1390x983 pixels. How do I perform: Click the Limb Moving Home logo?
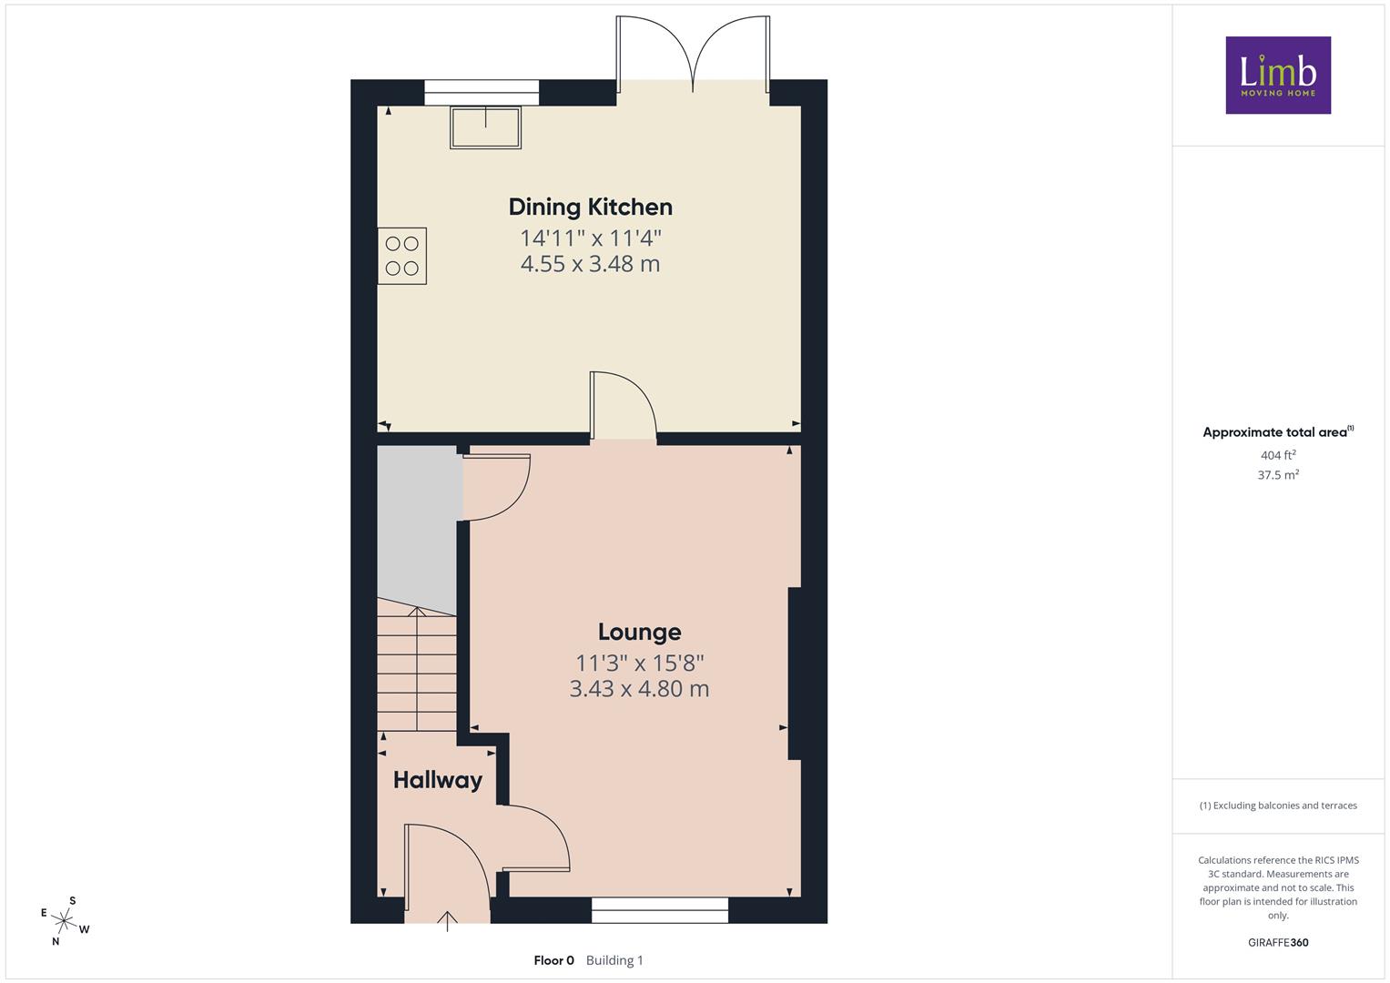click(x=1278, y=75)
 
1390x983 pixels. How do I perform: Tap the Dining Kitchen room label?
click(x=590, y=208)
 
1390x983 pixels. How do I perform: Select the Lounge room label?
click(x=639, y=632)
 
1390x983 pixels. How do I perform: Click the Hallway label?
click(x=438, y=781)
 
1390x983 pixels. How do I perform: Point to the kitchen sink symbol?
click(x=485, y=127)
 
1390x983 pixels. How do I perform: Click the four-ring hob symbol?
click(x=402, y=256)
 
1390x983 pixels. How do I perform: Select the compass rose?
click(x=65, y=920)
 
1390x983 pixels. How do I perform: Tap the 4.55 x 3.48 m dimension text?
click(x=590, y=264)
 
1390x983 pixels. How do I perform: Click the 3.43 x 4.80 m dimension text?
click(x=639, y=689)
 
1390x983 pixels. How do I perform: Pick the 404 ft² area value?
click(x=1278, y=455)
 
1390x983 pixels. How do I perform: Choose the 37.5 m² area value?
click(x=1278, y=475)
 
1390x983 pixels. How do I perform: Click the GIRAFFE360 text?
click(x=1278, y=942)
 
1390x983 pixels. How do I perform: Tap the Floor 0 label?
click(x=553, y=960)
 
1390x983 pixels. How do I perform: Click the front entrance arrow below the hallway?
click(x=447, y=921)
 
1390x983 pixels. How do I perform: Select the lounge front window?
click(x=660, y=910)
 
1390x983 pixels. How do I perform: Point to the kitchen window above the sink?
click(x=482, y=93)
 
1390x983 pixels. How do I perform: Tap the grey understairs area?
click(x=417, y=528)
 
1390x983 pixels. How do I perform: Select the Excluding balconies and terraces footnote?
click(x=1278, y=806)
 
